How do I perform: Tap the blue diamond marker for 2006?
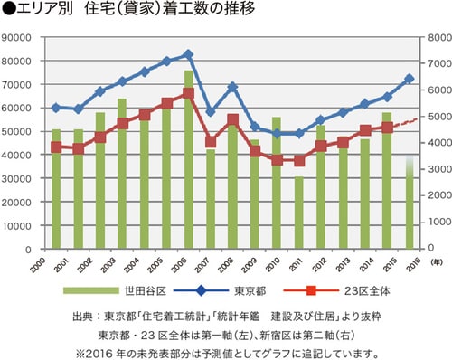pos(188,54)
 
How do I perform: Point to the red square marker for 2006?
pos(188,93)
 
